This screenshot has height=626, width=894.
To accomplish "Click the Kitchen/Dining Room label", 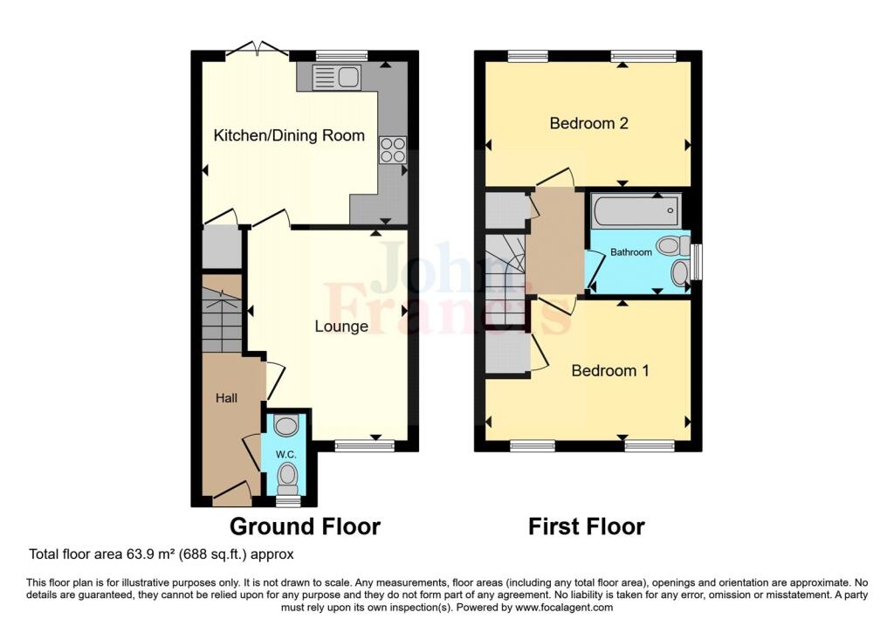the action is click(289, 135).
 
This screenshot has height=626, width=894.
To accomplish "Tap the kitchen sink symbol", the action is click(336, 77).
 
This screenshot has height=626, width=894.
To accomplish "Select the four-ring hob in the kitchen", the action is click(393, 150).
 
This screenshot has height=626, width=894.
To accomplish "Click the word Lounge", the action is click(341, 327).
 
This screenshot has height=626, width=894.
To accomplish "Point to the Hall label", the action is click(226, 398).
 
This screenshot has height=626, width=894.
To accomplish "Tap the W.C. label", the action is click(285, 454).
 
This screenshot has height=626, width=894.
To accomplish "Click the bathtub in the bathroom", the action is click(636, 211).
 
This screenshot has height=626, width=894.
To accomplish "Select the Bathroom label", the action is click(630, 252).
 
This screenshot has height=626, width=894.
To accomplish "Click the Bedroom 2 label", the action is click(588, 123).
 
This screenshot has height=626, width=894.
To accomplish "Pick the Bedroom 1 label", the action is click(610, 370).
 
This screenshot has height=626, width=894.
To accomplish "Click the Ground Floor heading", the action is click(305, 526).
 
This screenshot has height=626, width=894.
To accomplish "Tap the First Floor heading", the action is click(587, 526).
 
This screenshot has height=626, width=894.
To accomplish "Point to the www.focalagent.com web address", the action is click(564, 607).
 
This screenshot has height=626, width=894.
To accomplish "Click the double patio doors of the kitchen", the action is click(258, 49).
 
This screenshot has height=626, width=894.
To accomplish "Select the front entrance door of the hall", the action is click(231, 495).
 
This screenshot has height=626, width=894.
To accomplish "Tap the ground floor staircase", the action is click(222, 320).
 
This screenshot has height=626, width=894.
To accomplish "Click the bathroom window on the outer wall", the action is click(696, 262).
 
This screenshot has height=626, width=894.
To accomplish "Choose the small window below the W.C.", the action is click(288, 501).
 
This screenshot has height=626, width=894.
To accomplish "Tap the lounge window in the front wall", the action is click(364, 446).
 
